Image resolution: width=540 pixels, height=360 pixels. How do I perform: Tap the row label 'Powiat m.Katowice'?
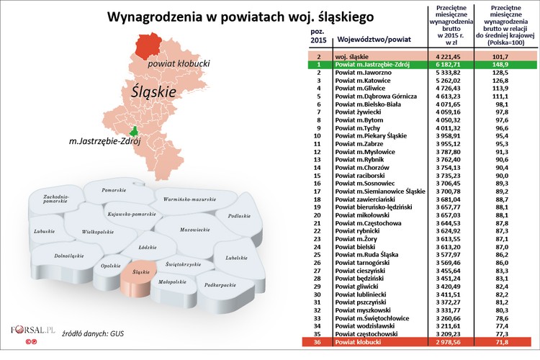coord(363,81)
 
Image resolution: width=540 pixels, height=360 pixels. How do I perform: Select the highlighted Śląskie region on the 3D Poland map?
coord(140,272)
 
